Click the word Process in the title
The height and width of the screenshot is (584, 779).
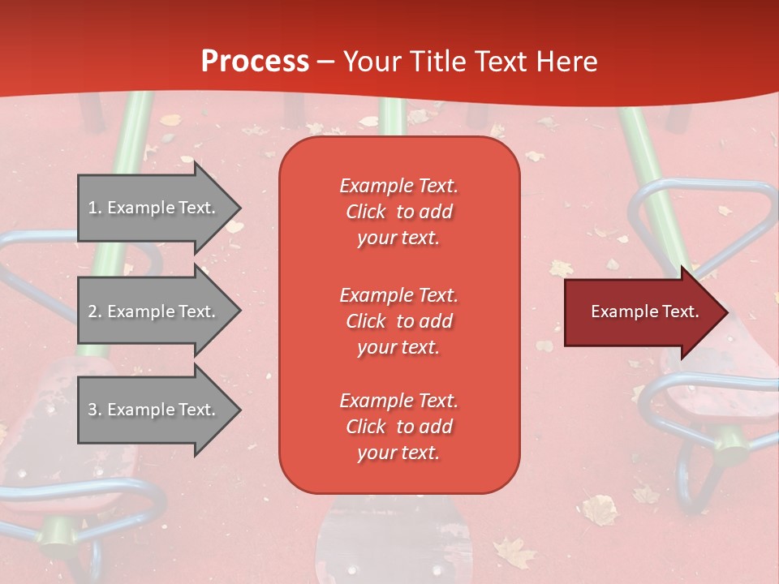(255, 62)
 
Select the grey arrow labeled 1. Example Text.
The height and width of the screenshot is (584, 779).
(154, 208)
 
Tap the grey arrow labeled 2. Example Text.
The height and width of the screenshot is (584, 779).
(154, 311)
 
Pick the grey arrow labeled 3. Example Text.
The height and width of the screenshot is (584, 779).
(154, 410)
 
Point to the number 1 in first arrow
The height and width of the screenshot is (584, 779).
(93, 208)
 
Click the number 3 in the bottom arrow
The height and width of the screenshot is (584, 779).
(93, 410)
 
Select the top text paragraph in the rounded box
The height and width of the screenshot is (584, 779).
(398, 212)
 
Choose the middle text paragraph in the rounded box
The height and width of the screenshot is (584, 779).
(398, 321)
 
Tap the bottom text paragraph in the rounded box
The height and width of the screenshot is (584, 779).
(398, 427)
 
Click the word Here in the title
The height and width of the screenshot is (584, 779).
(567, 62)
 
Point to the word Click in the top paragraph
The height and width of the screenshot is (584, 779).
(366, 212)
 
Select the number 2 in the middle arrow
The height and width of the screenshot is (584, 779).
(93, 311)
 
